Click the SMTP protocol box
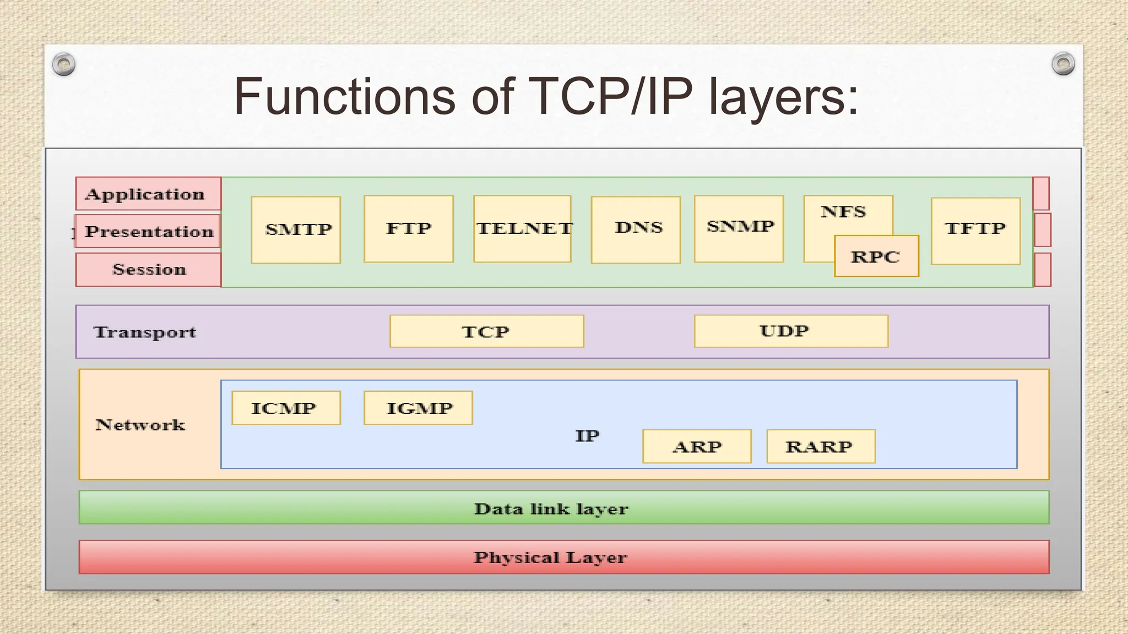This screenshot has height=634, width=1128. [x=296, y=229]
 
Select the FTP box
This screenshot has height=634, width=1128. [x=409, y=228]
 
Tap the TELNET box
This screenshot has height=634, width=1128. [x=522, y=228]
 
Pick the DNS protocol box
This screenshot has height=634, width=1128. [x=636, y=229]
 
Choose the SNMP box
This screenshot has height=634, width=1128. [x=739, y=228]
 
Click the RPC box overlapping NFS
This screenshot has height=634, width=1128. [x=876, y=256]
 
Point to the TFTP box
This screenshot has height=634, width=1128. [x=975, y=231]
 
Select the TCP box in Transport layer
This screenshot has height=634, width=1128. [x=486, y=331]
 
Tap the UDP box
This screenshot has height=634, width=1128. [x=791, y=331]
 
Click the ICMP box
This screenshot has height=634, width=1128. [x=286, y=408]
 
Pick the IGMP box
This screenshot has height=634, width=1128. [x=418, y=408]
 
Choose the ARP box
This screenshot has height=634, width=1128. [x=697, y=446]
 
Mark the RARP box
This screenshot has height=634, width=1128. [x=821, y=446]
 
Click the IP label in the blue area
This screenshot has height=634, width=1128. [x=587, y=436]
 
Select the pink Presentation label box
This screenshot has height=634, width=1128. [x=148, y=231]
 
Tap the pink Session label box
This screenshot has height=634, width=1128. [x=148, y=270]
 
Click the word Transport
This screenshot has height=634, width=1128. [x=145, y=332]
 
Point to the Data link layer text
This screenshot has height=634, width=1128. [x=551, y=509]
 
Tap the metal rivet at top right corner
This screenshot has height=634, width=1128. [x=1062, y=64]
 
